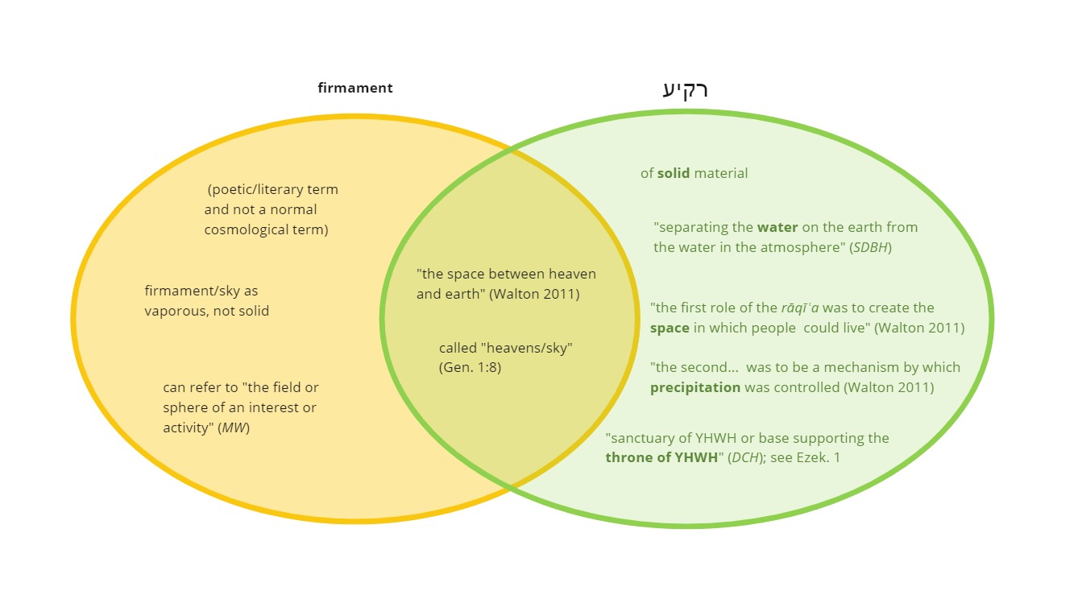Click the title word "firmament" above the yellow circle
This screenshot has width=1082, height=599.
pos(355,88)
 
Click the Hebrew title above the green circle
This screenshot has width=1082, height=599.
pos(686,90)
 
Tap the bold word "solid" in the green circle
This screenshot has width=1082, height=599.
pos(674,173)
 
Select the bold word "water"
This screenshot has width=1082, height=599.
pos(777,227)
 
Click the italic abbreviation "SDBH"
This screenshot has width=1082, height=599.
pos(870,248)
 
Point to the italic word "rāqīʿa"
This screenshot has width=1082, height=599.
pos(800,308)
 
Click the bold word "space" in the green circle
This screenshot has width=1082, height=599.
pos(670,328)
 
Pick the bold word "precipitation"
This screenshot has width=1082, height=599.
pos(695,387)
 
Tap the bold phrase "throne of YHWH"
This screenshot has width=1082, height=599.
pos(661,457)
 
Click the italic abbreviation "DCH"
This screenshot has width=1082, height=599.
pos(746,457)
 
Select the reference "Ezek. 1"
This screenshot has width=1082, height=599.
pos(819,457)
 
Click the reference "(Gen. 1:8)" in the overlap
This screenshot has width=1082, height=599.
pos(470,368)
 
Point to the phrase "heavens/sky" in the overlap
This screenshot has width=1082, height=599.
pos(529,348)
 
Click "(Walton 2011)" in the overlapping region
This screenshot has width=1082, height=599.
pos(534,295)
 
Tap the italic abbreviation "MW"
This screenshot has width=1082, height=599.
pos(234,428)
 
